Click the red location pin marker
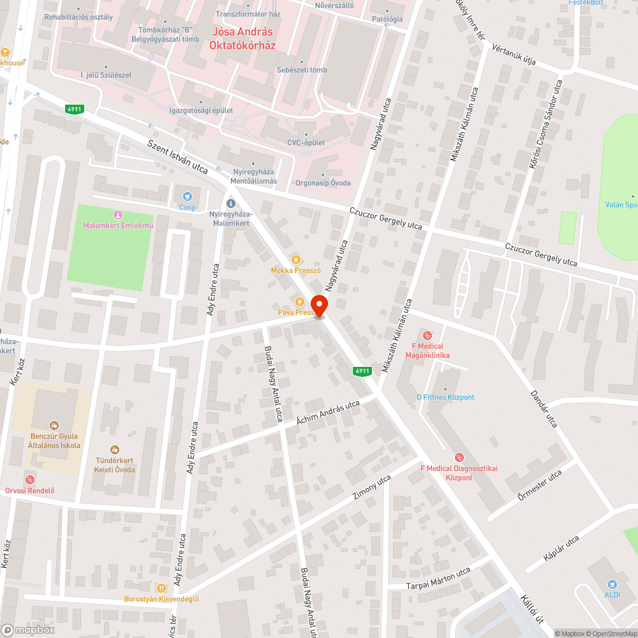coord(318,305)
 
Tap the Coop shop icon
coord(187,197)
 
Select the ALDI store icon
coord(612,583)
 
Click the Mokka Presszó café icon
coord(295,259)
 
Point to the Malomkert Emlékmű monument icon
coord(117,215)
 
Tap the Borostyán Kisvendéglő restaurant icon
coord(161,588)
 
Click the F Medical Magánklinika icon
coord(427,335)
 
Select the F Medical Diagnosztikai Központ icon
coord(458,457)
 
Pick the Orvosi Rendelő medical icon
coord(29,479)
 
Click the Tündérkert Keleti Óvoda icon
coord(115,450)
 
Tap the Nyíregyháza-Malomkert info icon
coord(231,203)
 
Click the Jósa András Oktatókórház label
coord(242,39)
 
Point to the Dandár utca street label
coord(544,408)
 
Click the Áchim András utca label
coord(328,414)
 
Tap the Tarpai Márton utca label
coord(438,577)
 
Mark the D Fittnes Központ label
coord(445,397)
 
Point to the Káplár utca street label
coord(561,548)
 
